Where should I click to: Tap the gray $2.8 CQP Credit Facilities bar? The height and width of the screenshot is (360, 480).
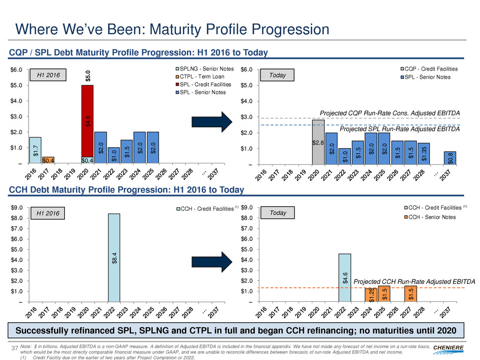[318, 142]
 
